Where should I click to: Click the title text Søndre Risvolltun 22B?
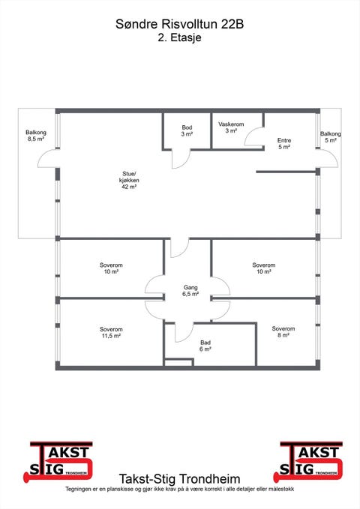point(180,24)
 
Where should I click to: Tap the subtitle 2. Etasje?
point(180,37)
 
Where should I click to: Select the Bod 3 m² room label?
point(187,130)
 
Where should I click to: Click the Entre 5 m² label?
point(284,143)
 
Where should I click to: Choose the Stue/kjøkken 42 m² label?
point(129,180)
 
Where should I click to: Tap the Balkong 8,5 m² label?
point(36,136)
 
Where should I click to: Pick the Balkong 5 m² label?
point(331,137)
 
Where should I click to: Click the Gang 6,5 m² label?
point(190,291)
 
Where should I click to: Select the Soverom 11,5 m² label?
point(111,332)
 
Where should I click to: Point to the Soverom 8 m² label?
point(283,332)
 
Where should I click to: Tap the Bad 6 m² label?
point(205,346)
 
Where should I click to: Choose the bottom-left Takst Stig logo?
point(58,462)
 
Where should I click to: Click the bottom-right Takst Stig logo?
point(309,462)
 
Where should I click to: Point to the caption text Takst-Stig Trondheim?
point(180,479)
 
